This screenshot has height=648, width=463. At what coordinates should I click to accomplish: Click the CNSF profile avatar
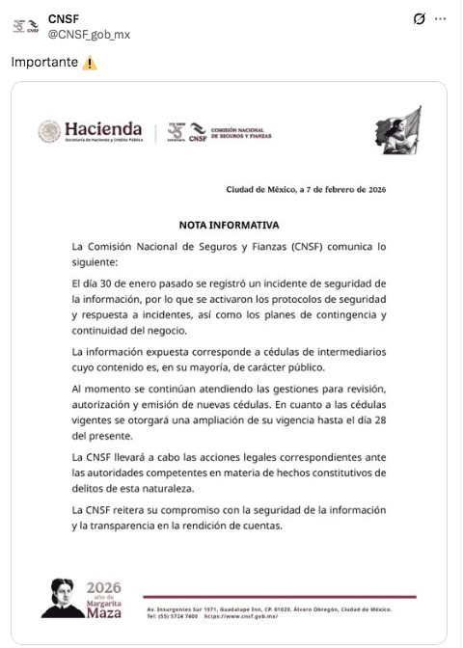[26, 26]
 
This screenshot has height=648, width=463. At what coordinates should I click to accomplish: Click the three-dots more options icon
[441, 18]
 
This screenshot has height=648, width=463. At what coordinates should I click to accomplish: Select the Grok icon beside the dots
[419, 18]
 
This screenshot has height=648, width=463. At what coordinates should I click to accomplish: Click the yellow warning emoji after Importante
[90, 63]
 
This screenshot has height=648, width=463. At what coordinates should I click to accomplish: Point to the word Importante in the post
[44, 63]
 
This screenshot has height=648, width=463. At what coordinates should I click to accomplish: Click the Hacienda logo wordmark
[102, 130]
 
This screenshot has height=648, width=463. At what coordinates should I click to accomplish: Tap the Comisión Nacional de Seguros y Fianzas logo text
[238, 132]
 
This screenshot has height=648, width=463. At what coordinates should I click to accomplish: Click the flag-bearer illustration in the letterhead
[397, 130]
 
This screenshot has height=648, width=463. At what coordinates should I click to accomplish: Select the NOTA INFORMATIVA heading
[229, 225]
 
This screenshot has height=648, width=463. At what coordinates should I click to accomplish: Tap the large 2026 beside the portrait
[104, 587]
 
